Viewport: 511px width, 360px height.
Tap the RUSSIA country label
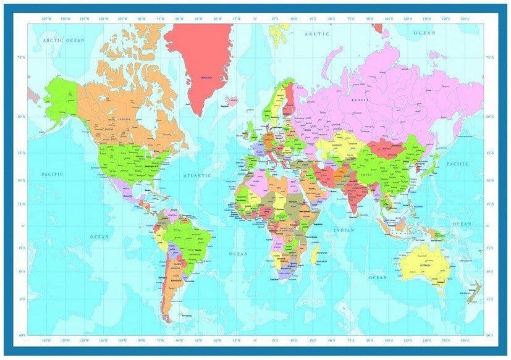click(360, 99)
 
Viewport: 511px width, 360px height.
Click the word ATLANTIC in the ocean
click(198, 176)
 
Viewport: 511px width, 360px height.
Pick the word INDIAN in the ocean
click(344, 230)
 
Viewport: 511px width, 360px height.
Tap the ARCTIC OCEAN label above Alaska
click(64, 40)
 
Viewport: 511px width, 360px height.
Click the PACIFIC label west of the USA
click(53, 175)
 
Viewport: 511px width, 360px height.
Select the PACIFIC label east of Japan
click(458, 164)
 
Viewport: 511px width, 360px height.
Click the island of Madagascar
click(316, 254)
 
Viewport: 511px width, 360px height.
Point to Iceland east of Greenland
click(233, 99)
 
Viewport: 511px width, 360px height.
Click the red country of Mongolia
click(382, 147)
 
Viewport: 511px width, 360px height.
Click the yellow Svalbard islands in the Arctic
click(276, 35)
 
